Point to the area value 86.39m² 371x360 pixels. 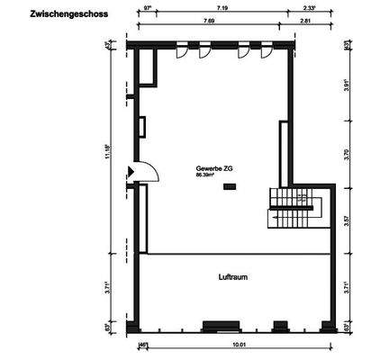(208, 175)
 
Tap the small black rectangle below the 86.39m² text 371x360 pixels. (230, 186)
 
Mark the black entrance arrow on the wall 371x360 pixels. (131, 171)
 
